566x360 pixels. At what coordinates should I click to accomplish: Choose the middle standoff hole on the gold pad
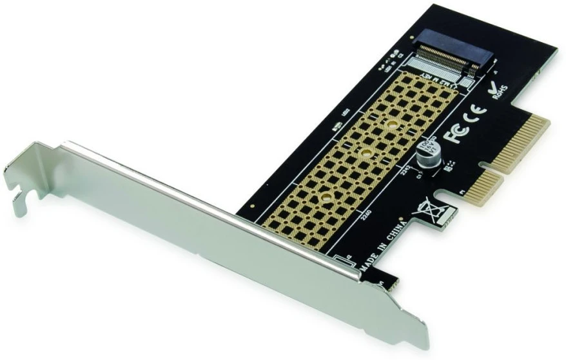tap(365, 153)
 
